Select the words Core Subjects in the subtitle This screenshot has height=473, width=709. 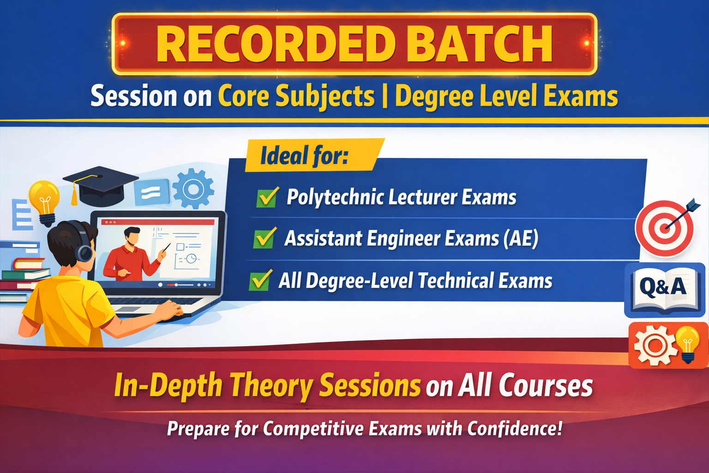click(x=296, y=97)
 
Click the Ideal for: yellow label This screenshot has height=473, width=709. click(x=305, y=156)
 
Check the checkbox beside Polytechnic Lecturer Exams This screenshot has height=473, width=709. click(x=267, y=198)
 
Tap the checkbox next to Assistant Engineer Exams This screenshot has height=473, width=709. click(x=264, y=239)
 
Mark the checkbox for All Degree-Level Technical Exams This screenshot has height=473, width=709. click(x=260, y=281)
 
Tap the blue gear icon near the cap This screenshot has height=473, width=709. click(x=193, y=188)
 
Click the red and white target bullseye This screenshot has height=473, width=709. click(x=664, y=228)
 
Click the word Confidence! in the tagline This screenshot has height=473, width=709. click(x=515, y=429)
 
